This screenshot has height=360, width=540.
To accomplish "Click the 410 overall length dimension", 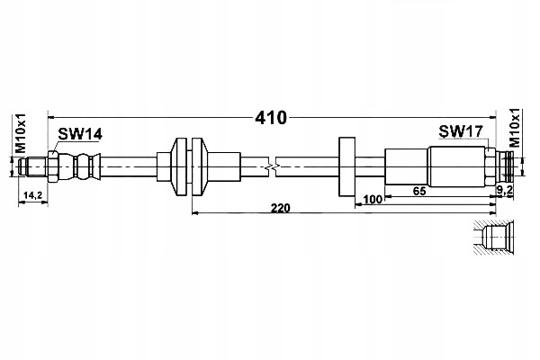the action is pos(271,117).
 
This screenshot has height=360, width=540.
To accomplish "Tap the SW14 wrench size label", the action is pos(80,134).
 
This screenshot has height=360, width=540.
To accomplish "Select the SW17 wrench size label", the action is pos(461,131).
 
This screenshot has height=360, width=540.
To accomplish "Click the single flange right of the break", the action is pos(346,166).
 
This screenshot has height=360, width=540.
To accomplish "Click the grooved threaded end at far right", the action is pos(509,166).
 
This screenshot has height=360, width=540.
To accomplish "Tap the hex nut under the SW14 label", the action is pos(55,166).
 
